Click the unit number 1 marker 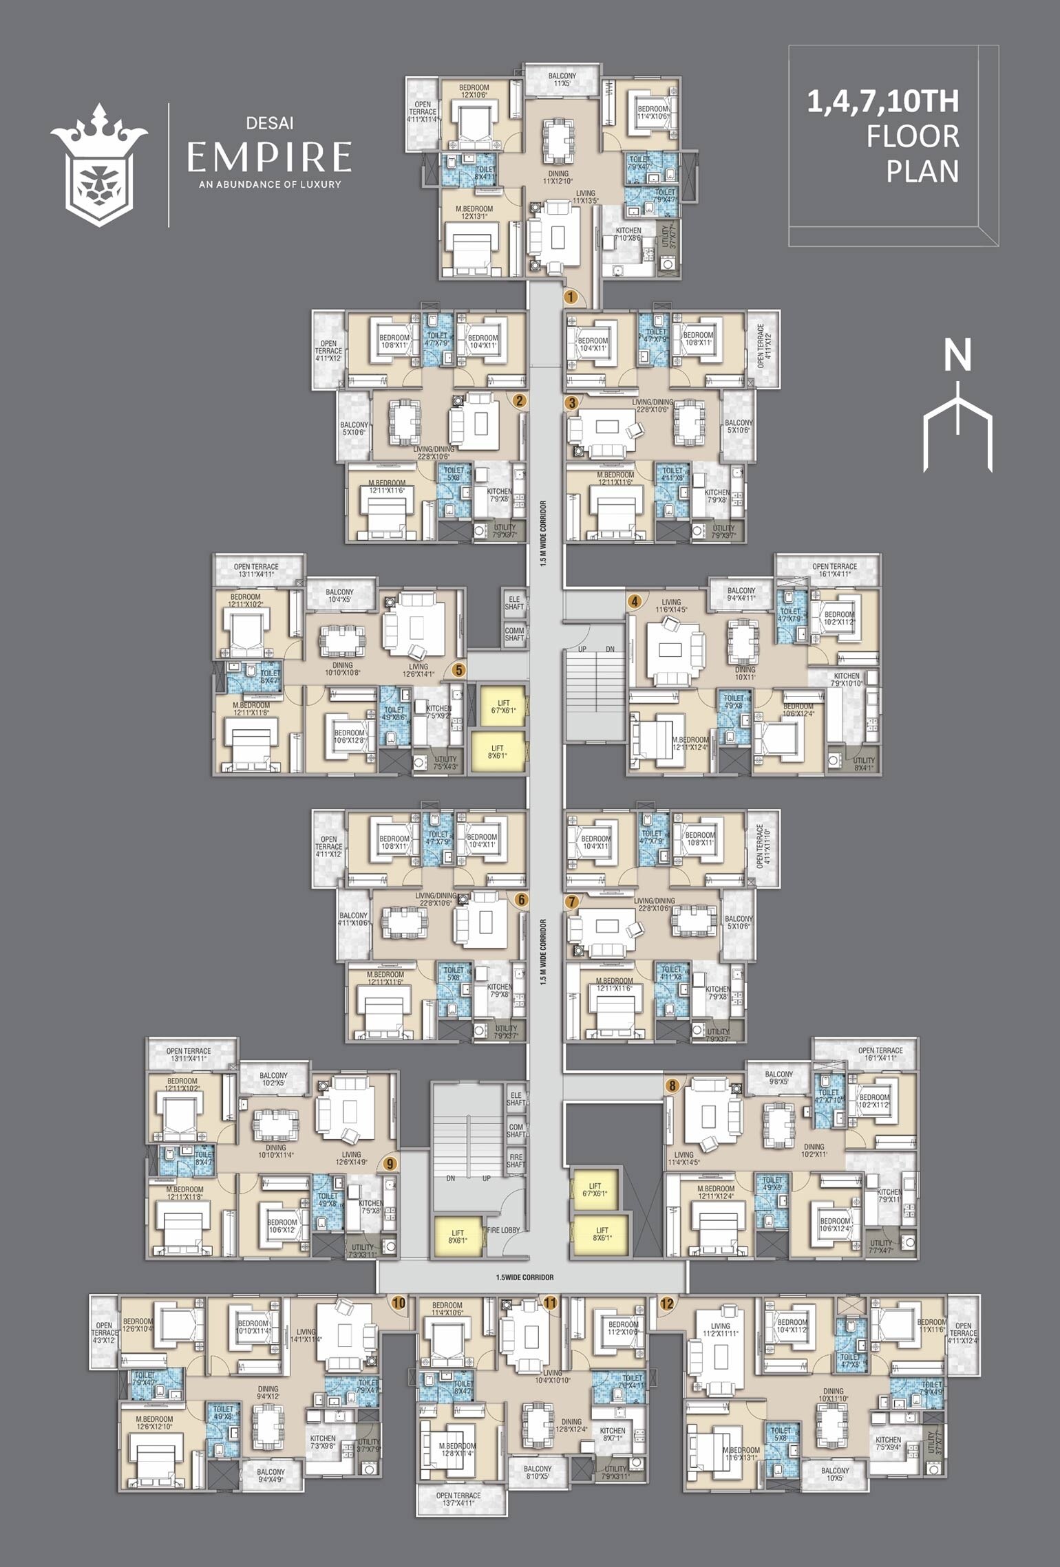[x=570, y=296]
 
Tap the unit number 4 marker [x=635, y=601]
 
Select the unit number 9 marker [x=390, y=1163]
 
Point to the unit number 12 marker [x=666, y=1302]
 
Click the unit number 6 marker [x=521, y=900]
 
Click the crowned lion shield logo [x=99, y=166]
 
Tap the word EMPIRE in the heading [x=269, y=157]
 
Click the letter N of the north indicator [x=957, y=356]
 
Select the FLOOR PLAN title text [x=912, y=153]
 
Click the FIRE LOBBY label [x=503, y=1230]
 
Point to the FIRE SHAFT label [x=516, y=1160]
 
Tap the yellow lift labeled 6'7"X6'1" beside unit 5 [x=503, y=706]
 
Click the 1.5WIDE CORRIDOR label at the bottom [x=524, y=1277]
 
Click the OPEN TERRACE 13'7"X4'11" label [x=458, y=1499]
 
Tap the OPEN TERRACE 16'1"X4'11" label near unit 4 [x=834, y=570]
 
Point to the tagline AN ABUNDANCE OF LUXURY [x=269, y=184]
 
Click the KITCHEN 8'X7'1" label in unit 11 [x=613, y=1434]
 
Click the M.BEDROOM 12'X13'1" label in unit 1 [x=474, y=213]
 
